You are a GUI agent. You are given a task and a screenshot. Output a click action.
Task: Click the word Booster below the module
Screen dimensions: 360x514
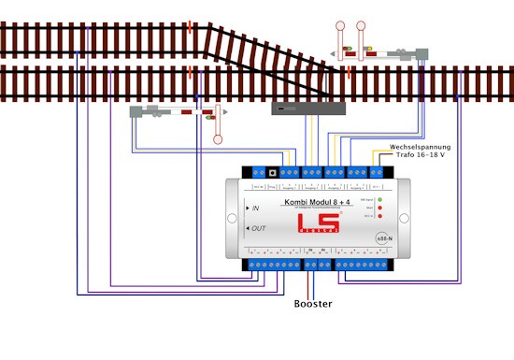coord(312,304)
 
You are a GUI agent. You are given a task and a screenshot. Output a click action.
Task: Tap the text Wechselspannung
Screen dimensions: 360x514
coord(421,147)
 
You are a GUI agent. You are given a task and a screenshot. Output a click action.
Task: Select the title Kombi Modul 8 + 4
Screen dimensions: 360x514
coord(317,201)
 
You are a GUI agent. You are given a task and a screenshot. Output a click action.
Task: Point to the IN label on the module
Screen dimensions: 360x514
coord(254,208)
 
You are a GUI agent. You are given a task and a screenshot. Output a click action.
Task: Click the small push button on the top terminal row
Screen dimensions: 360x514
coord(272,172)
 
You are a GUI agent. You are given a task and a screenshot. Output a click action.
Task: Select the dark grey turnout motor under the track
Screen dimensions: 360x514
coord(308,108)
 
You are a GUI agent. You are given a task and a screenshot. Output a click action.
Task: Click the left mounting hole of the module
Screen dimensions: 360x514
coord(223,217)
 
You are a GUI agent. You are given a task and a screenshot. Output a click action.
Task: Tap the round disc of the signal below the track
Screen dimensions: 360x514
coord(219,140)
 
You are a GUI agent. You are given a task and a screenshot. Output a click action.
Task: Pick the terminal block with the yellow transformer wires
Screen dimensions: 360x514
coord(378,172)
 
